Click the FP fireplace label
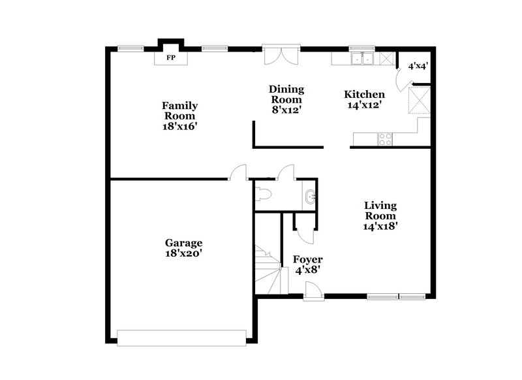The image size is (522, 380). [171, 58]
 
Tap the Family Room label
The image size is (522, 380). [180, 116]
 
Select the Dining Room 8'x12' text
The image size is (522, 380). [286, 100]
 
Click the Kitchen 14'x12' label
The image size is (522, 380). [364, 99]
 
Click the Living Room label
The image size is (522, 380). [380, 215]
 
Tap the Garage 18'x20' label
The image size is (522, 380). [183, 248]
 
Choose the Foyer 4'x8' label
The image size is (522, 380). [307, 264]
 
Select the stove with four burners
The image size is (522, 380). [385, 138]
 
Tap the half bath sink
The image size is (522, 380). [310, 195]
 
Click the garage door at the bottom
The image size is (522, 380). [181, 336]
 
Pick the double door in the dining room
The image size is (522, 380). [281, 55]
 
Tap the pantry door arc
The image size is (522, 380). [406, 78]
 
